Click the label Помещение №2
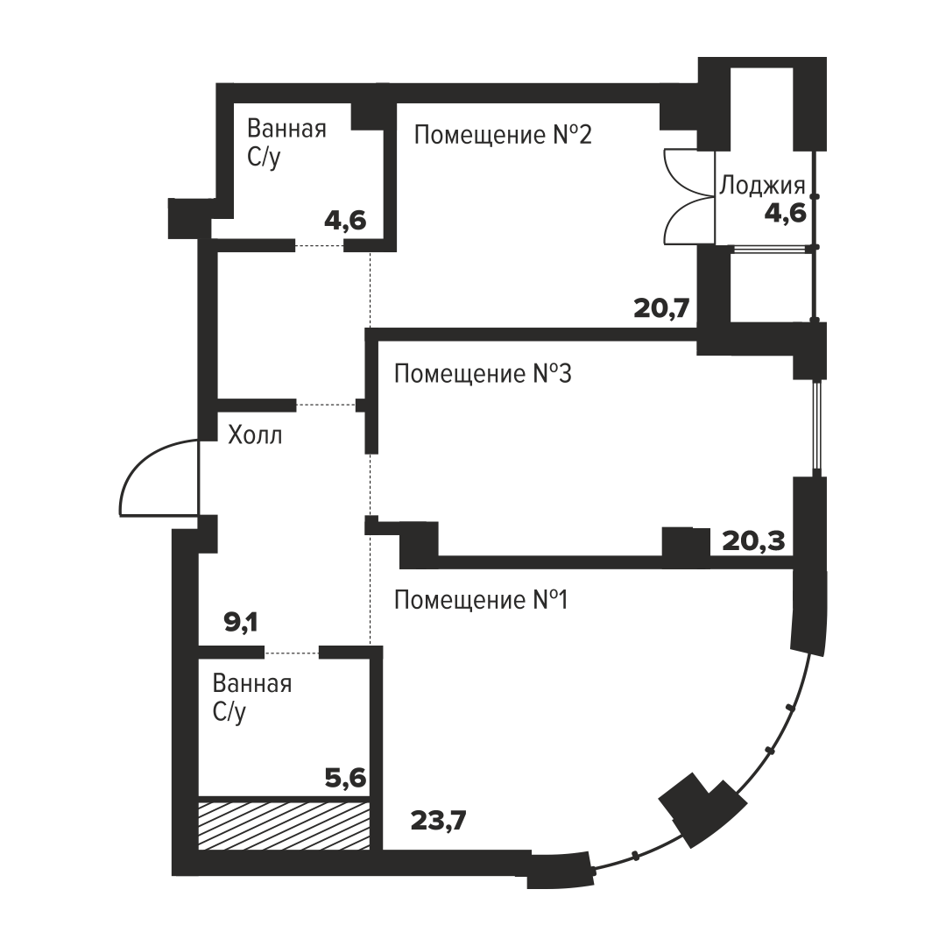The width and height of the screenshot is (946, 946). click(503, 135)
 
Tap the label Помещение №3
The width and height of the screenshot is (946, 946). click(483, 374)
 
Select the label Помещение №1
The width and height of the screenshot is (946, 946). click(481, 600)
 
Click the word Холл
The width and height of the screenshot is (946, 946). click(255, 434)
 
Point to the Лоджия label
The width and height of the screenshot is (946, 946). click(762, 186)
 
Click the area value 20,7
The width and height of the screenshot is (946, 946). click(661, 309)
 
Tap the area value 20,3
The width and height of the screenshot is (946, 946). click(753, 541)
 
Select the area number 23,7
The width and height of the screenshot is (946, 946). click(439, 821)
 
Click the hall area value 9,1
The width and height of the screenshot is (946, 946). click(241, 622)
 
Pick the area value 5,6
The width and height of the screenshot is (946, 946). click(346, 779)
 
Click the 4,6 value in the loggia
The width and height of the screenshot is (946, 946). click(786, 214)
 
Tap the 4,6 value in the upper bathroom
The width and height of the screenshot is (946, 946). click(345, 221)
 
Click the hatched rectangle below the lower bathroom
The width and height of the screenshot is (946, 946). click(284, 825)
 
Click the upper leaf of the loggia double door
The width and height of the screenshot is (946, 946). click(681, 173)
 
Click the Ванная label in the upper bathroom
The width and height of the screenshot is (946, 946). click(286, 129)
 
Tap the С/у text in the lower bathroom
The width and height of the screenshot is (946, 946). click(229, 713)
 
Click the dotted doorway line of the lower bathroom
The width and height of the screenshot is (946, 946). click(292, 653)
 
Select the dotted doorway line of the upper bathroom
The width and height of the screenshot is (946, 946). click(320, 245)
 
